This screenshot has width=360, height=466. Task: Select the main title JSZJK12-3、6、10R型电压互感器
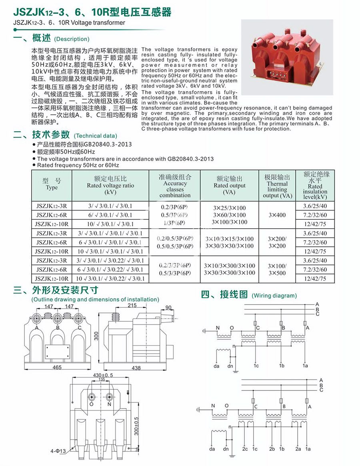click(x=92, y=12)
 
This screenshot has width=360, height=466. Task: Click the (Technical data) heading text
click(x=96, y=136)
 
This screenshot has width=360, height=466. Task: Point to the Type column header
click(x=52, y=184)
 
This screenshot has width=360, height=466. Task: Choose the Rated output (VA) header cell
click(x=230, y=185)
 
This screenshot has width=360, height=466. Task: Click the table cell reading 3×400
click(x=277, y=215)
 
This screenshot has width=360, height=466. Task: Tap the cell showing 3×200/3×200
click(x=277, y=242)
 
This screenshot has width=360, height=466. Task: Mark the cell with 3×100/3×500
click(x=277, y=269)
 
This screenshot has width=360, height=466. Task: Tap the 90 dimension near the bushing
click(x=168, y=307)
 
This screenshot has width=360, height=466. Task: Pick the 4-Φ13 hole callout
click(x=58, y=451)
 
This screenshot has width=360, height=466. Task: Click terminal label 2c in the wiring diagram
click(x=245, y=449)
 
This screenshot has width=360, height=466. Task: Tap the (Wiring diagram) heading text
click(x=274, y=296)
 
